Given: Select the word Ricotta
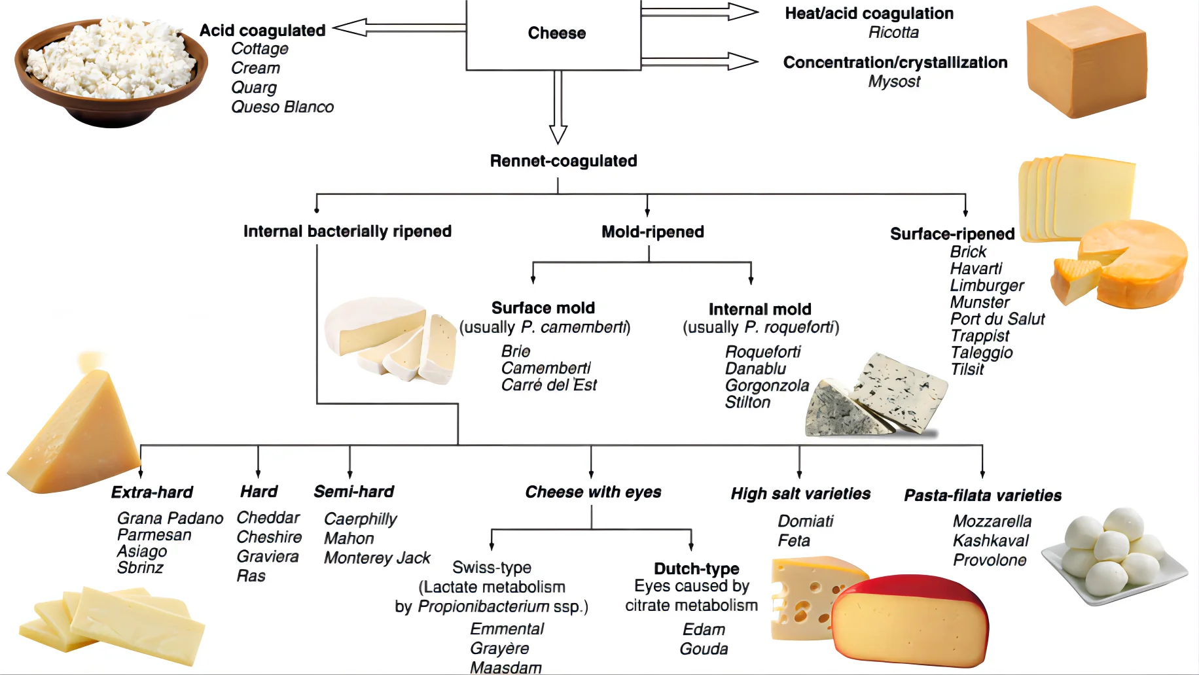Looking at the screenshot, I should coord(893,33).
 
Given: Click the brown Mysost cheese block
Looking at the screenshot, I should coord(1086,63).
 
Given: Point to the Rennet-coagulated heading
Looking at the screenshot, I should coord(564,161).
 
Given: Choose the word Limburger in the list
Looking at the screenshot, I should coord(987,286).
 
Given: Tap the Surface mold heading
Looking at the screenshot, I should coord(543,308).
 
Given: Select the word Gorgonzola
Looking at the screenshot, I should coord(767,386).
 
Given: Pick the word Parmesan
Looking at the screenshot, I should coord(154,535).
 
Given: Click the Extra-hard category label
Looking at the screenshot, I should coord(152,493).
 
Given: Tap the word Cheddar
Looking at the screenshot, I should coord(268,518).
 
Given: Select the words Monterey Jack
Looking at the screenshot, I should coord(377,558).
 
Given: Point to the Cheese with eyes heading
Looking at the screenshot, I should coord(593,493).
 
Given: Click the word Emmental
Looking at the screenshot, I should coord(507,629).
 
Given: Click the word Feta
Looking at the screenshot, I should coord(794,541).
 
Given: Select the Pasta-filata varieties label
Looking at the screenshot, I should coord(982,496).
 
